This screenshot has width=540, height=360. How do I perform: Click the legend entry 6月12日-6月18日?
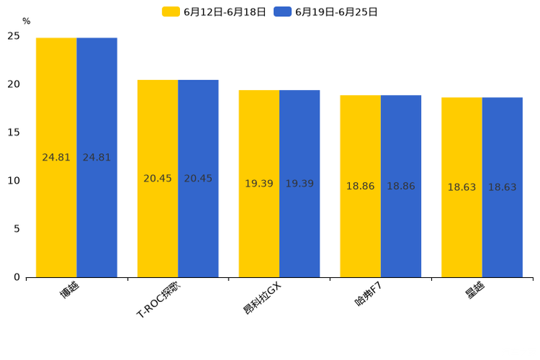pos(214,12)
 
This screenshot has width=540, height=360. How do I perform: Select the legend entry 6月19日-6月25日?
pos(326,12)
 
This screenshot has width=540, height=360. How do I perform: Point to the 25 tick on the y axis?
pos(14,36)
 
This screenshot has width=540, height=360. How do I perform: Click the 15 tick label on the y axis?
pos(14,133)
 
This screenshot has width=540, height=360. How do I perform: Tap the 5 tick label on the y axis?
pos(17,229)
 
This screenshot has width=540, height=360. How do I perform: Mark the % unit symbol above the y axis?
pos(26,22)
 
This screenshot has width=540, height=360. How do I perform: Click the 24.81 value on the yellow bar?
pos(57,157)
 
